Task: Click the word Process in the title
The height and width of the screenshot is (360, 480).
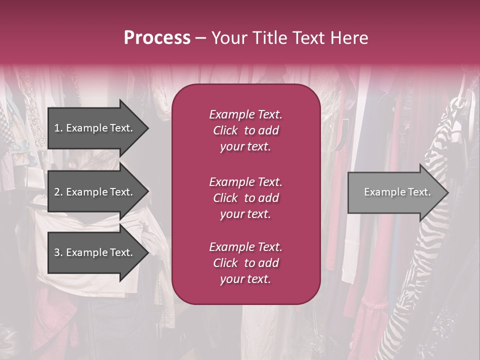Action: [x=157, y=38]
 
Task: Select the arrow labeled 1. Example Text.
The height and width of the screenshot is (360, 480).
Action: [x=93, y=128]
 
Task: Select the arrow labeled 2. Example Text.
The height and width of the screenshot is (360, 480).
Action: [x=93, y=192]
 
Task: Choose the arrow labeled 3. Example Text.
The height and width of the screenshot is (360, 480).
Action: [x=93, y=253]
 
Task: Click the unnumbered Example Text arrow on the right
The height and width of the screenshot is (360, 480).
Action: [x=397, y=192]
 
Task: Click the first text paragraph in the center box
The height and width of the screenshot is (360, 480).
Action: [x=245, y=130]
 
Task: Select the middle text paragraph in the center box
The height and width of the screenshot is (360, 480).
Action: [x=245, y=197]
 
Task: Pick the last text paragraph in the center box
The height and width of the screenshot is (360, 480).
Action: [x=245, y=263]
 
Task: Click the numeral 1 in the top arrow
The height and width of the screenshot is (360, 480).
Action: [x=57, y=128]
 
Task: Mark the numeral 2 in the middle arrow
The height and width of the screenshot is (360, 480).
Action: [x=57, y=192]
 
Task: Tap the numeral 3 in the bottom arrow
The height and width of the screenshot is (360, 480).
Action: [x=57, y=253]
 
